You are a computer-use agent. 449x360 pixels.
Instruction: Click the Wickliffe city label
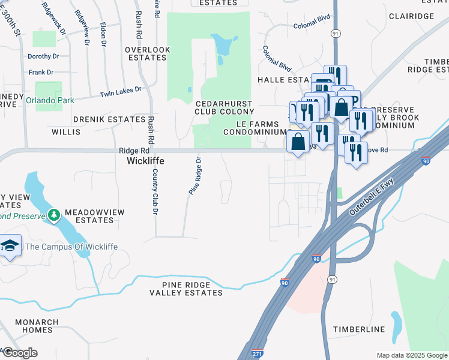145,161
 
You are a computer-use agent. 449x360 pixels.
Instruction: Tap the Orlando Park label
50,100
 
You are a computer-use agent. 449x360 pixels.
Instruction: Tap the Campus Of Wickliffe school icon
10,247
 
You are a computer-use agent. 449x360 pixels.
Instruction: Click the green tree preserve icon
54,214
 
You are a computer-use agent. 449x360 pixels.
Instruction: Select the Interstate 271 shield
257,353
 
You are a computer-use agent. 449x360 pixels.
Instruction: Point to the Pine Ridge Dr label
194,176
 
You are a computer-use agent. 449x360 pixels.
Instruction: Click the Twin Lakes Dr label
120,92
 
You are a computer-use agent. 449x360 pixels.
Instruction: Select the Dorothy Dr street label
43,56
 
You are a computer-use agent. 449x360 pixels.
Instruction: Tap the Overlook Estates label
145,53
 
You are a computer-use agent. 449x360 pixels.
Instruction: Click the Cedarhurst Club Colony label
224,107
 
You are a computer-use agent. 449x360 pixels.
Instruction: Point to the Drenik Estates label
109,119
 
